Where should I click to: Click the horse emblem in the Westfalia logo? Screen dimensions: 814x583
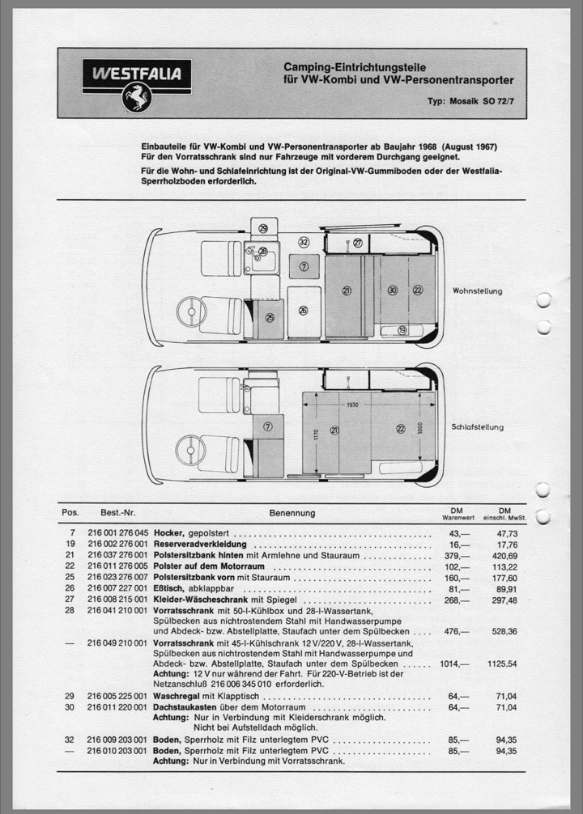point(136,97)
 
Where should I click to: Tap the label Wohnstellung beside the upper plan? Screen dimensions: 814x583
point(477,290)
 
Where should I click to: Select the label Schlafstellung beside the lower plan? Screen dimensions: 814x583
point(478,427)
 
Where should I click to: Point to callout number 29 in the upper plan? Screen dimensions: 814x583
point(262,229)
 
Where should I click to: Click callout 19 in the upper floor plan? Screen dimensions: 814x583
point(402,330)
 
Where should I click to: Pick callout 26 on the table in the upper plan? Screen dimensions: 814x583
point(303,310)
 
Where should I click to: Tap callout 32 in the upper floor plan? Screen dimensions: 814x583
point(304,242)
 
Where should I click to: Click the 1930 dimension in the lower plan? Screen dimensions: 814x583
point(351,404)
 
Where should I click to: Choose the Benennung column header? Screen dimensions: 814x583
point(291,513)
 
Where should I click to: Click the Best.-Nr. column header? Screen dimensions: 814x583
point(118,513)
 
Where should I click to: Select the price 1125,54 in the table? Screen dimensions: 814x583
point(501,663)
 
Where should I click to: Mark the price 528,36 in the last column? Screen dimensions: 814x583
point(501,631)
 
